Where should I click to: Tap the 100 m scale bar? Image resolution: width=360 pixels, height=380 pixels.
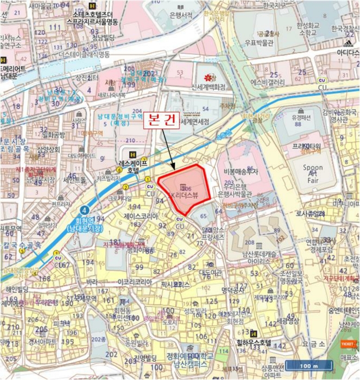point(309,365)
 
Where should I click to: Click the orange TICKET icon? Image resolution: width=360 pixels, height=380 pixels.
point(347,344)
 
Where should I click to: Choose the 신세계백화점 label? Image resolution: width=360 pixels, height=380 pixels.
point(209,87)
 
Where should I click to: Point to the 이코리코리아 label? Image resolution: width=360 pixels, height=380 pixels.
point(135,282)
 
